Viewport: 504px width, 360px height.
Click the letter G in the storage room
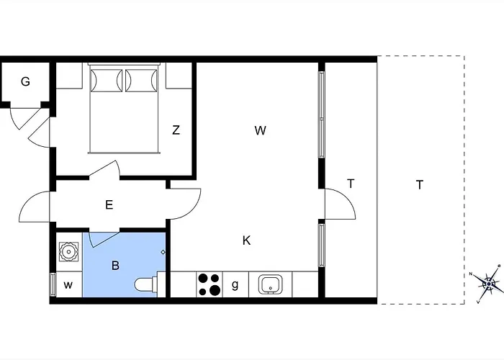25,82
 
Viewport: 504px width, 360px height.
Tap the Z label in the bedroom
176,130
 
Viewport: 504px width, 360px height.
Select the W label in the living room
261,130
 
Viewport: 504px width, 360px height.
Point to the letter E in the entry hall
109,205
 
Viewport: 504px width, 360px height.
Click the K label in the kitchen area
246,240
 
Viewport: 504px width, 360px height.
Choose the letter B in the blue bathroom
115,265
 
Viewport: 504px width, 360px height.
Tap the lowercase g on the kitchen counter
235,284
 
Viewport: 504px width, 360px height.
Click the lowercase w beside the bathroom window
68,284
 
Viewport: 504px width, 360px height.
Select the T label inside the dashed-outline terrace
419,185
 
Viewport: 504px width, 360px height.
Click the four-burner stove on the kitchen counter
210,284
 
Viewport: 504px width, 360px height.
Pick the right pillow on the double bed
140,81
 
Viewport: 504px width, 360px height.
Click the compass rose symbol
490,283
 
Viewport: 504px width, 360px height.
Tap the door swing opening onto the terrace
340,205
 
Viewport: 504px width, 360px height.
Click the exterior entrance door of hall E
35,207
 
